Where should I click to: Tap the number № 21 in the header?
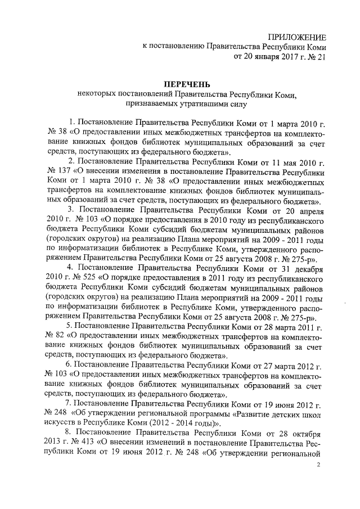coord(316,57)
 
